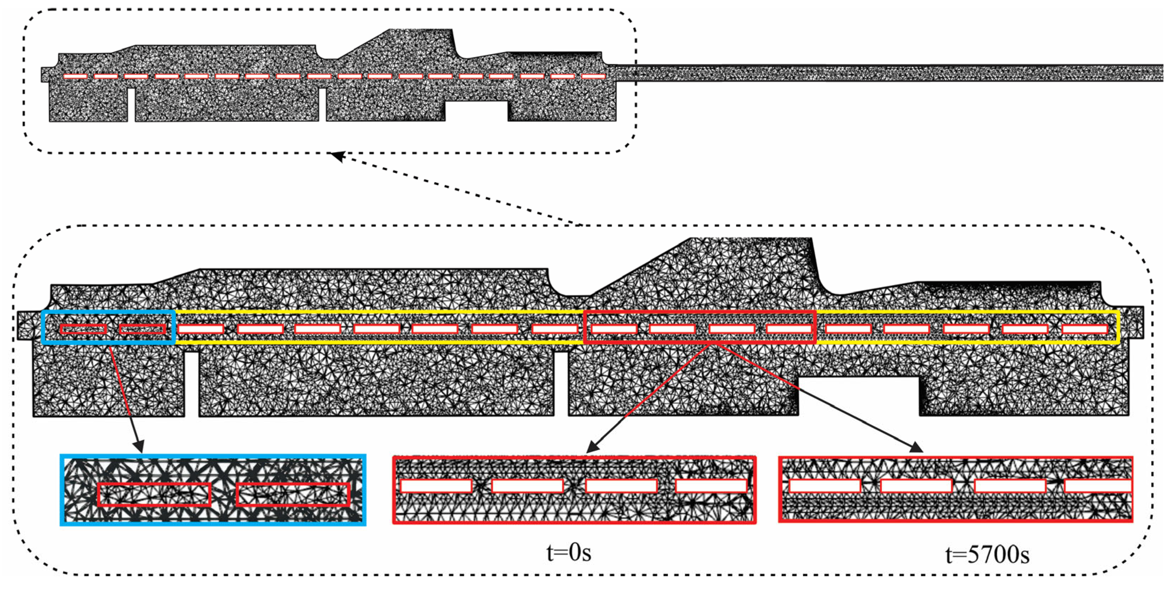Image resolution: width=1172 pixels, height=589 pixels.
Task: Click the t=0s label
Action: pyautogui.click(x=569, y=553)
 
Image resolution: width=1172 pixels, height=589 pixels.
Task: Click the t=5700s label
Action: pyautogui.click(x=987, y=555)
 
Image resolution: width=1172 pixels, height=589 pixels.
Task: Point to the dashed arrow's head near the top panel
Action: pyautogui.click(x=337, y=156)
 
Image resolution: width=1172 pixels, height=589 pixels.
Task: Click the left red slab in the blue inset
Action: pyautogui.click(x=154, y=494)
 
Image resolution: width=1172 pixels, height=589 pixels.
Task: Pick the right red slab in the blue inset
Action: pyautogui.click(x=293, y=494)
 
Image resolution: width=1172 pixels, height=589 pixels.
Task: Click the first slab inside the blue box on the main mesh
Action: pyautogui.click(x=83, y=329)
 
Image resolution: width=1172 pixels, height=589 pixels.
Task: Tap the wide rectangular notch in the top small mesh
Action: pyautogui.click(x=476, y=111)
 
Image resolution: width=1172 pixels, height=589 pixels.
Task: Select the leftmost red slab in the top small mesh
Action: pyautogui.click(x=75, y=76)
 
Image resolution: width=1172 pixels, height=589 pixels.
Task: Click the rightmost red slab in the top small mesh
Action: pyautogui.click(x=594, y=76)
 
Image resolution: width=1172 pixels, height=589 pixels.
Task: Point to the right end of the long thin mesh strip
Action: pyautogui.click(x=1160, y=73)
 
